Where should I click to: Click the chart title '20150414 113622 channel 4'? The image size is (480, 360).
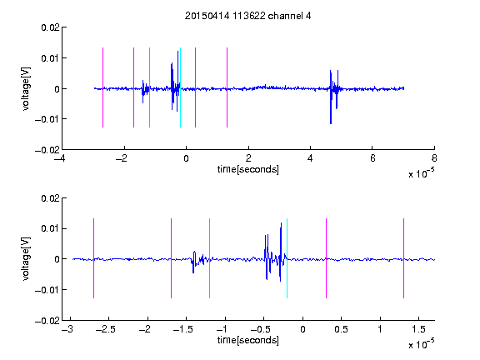(x=247, y=16)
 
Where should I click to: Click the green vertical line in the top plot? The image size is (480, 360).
(x=149, y=87)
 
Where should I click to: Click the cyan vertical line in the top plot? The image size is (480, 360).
(x=180, y=87)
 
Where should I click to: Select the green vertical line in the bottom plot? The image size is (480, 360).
(x=209, y=258)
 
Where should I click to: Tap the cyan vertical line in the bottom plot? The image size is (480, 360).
(x=287, y=258)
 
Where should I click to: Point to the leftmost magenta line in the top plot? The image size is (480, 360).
(x=102, y=87)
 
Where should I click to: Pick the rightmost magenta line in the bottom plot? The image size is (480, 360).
(x=404, y=258)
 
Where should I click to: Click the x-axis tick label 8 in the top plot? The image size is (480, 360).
(x=434, y=158)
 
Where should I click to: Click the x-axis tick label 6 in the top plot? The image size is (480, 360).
(x=372, y=158)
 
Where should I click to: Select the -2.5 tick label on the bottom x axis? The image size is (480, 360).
(x=105, y=329)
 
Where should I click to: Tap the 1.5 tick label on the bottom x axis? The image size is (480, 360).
(x=418, y=329)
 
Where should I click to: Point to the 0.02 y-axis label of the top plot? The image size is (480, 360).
(x=50, y=27)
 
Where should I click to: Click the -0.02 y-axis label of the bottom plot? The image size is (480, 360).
(x=47, y=321)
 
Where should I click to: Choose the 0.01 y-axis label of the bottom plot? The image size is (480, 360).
(x=50, y=228)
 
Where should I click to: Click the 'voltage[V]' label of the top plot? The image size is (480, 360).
(x=27, y=89)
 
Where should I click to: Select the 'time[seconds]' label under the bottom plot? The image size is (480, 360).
(x=248, y=340)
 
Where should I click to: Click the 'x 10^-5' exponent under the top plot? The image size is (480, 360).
(x=421, y=173)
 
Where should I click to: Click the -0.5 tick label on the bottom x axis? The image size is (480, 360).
(x=261, y=329)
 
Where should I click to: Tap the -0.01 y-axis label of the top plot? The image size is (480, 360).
(x=47, y=119)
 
